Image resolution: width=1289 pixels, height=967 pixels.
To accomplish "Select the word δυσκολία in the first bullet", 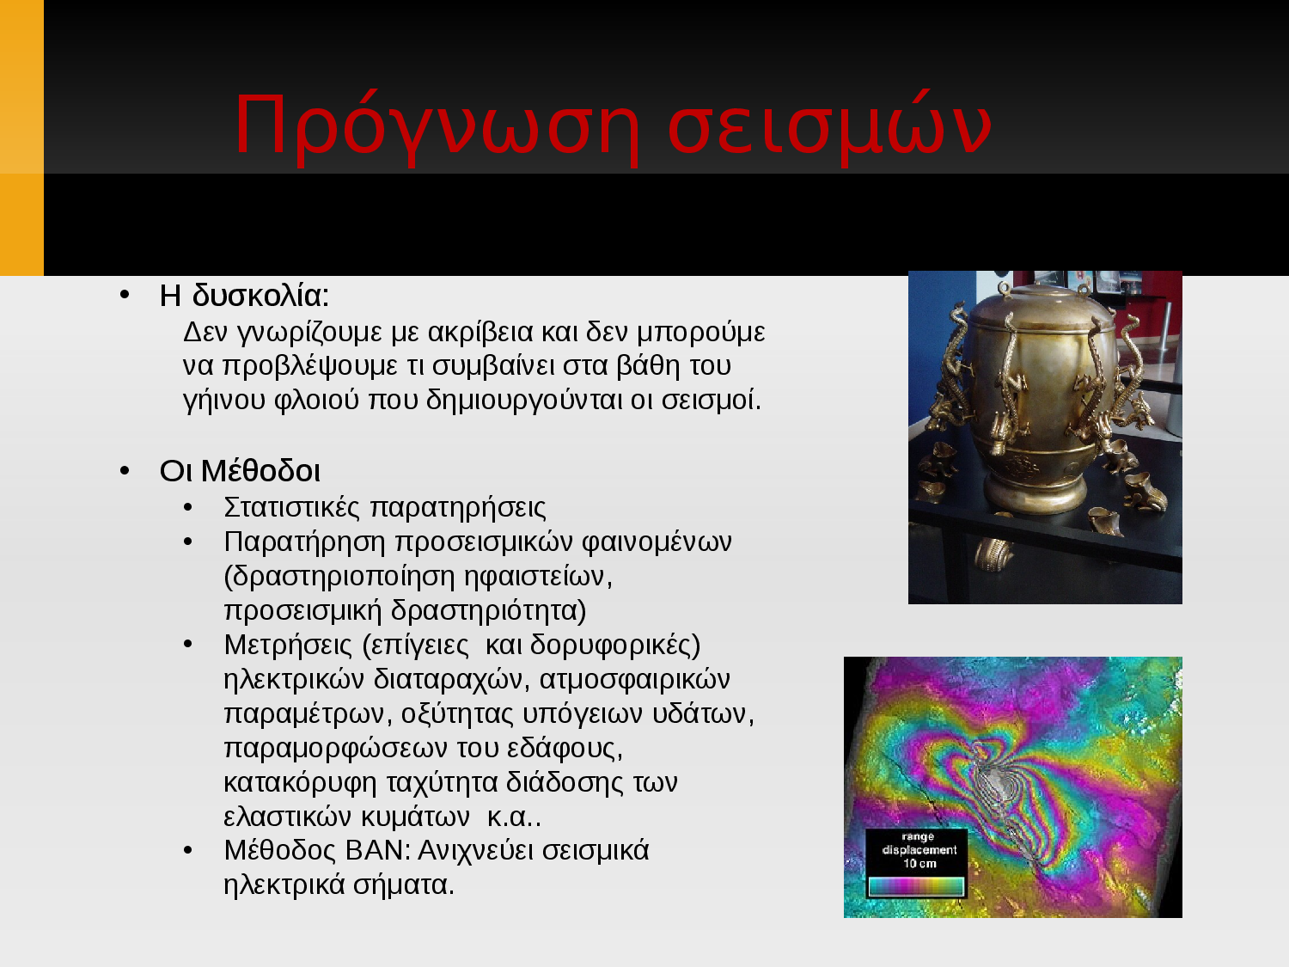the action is coord(260,296).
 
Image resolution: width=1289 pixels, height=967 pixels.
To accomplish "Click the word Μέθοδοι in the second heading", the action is coord(260,471).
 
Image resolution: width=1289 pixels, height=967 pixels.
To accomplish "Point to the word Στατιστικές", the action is coord(292,507).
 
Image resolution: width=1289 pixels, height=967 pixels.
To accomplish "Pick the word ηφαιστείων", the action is coord(538,577).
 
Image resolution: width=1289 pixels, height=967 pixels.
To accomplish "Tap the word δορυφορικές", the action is coord(615,646).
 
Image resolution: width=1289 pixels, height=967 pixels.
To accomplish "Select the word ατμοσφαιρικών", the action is coord(635,680).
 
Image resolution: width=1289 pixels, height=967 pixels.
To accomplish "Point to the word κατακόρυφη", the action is coord(300,783).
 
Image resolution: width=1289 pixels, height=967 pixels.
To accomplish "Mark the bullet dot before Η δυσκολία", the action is coord(124,296).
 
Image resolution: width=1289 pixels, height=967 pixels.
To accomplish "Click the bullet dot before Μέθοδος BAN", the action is coord(188,851).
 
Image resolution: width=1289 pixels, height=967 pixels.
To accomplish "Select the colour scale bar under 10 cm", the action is coord(916,886).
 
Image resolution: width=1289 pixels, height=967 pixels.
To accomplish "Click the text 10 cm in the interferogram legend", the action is coord(919,864).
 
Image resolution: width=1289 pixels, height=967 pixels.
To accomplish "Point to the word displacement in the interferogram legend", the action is coord(919,850).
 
